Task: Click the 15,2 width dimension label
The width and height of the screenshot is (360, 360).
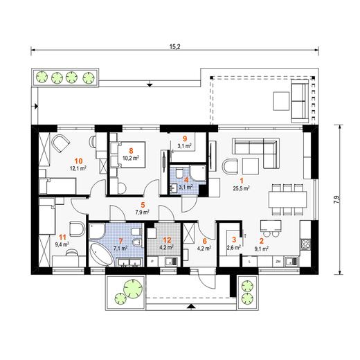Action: point(174,46)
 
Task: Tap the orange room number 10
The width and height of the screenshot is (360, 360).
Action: point(78,161)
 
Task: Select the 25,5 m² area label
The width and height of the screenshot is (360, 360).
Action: point(242,188)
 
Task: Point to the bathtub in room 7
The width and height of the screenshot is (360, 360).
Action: point(102,254)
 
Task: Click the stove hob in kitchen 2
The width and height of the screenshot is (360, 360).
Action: point(305,244)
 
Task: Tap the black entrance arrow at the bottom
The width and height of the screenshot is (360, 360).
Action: point(190,306)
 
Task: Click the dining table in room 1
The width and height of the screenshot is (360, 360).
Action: point(287,199)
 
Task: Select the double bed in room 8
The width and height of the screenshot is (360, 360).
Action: point(128,154)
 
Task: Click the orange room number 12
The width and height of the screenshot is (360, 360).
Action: point(167,240)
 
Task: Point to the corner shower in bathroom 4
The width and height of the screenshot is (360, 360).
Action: point(198,172)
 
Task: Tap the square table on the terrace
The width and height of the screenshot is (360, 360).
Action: point(281,101)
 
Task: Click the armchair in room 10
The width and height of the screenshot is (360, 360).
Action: point(60,144)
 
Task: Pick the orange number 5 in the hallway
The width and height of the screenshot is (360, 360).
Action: point(143,205)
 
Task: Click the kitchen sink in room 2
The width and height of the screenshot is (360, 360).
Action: point(292,261)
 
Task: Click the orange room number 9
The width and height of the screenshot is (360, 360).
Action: point(184,138)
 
